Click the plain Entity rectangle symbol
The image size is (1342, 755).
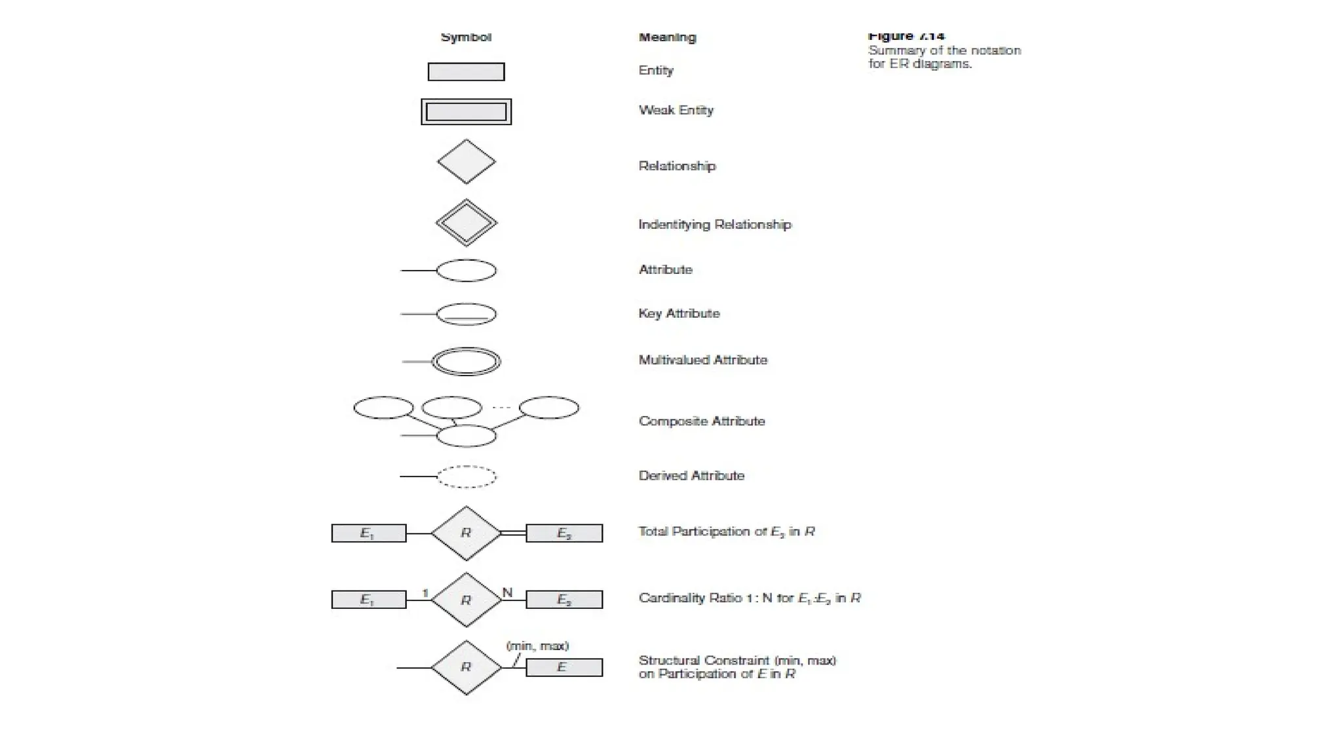[466, 71]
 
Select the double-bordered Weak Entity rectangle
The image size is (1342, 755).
[466, 112]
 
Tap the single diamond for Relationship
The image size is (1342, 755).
[466, 161]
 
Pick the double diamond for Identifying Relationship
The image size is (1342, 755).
[466, 223]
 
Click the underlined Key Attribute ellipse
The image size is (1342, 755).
[466, 314]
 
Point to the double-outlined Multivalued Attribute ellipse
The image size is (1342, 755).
[466, 361]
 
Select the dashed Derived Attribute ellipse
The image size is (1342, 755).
[466, 476]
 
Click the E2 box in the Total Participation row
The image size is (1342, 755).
[564, 533]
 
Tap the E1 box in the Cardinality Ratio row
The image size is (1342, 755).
[368, 600]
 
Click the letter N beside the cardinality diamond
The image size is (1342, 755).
[507, 592]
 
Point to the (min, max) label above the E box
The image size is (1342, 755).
[537, 646]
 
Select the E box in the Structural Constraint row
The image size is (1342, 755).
[564, 667]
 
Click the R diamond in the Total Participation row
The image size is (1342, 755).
[466, 533]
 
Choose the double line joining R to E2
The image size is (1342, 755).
[513, 533]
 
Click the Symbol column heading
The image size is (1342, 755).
[466, 37]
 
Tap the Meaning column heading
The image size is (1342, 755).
[667, 37]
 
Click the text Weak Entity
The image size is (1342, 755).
[676, 110]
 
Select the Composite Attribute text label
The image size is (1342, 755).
[701, 421]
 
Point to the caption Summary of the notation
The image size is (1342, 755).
[944, 50]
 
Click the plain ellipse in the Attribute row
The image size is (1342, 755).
[466, 271]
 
